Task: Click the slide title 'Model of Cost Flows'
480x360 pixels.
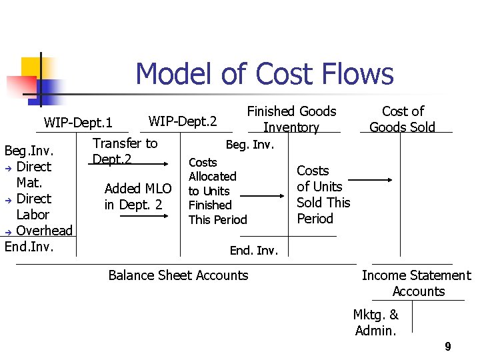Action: coord(264,74)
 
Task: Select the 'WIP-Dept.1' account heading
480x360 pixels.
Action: coord(78,123)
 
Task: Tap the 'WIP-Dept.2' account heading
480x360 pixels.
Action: coord(183,121)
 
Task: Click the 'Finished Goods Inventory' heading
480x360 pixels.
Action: coord(291,119)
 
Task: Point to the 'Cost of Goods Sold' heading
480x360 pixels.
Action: coord(402,119)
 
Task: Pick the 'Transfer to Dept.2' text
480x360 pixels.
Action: coord(125,151)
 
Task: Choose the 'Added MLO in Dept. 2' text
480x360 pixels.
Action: coord(137,197)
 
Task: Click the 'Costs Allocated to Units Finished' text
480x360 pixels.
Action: coord(217,191)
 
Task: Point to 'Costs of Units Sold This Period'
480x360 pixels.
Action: coord(323,195)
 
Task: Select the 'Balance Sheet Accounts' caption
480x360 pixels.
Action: coord(178,275)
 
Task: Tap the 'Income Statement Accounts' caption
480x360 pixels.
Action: coord(416,283)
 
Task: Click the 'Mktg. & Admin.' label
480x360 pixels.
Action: coord(377,323)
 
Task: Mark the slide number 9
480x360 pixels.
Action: coord(448,347)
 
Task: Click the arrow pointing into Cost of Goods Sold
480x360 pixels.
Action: coord(371,179)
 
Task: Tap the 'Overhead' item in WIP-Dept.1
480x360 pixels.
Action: coord(44,231)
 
